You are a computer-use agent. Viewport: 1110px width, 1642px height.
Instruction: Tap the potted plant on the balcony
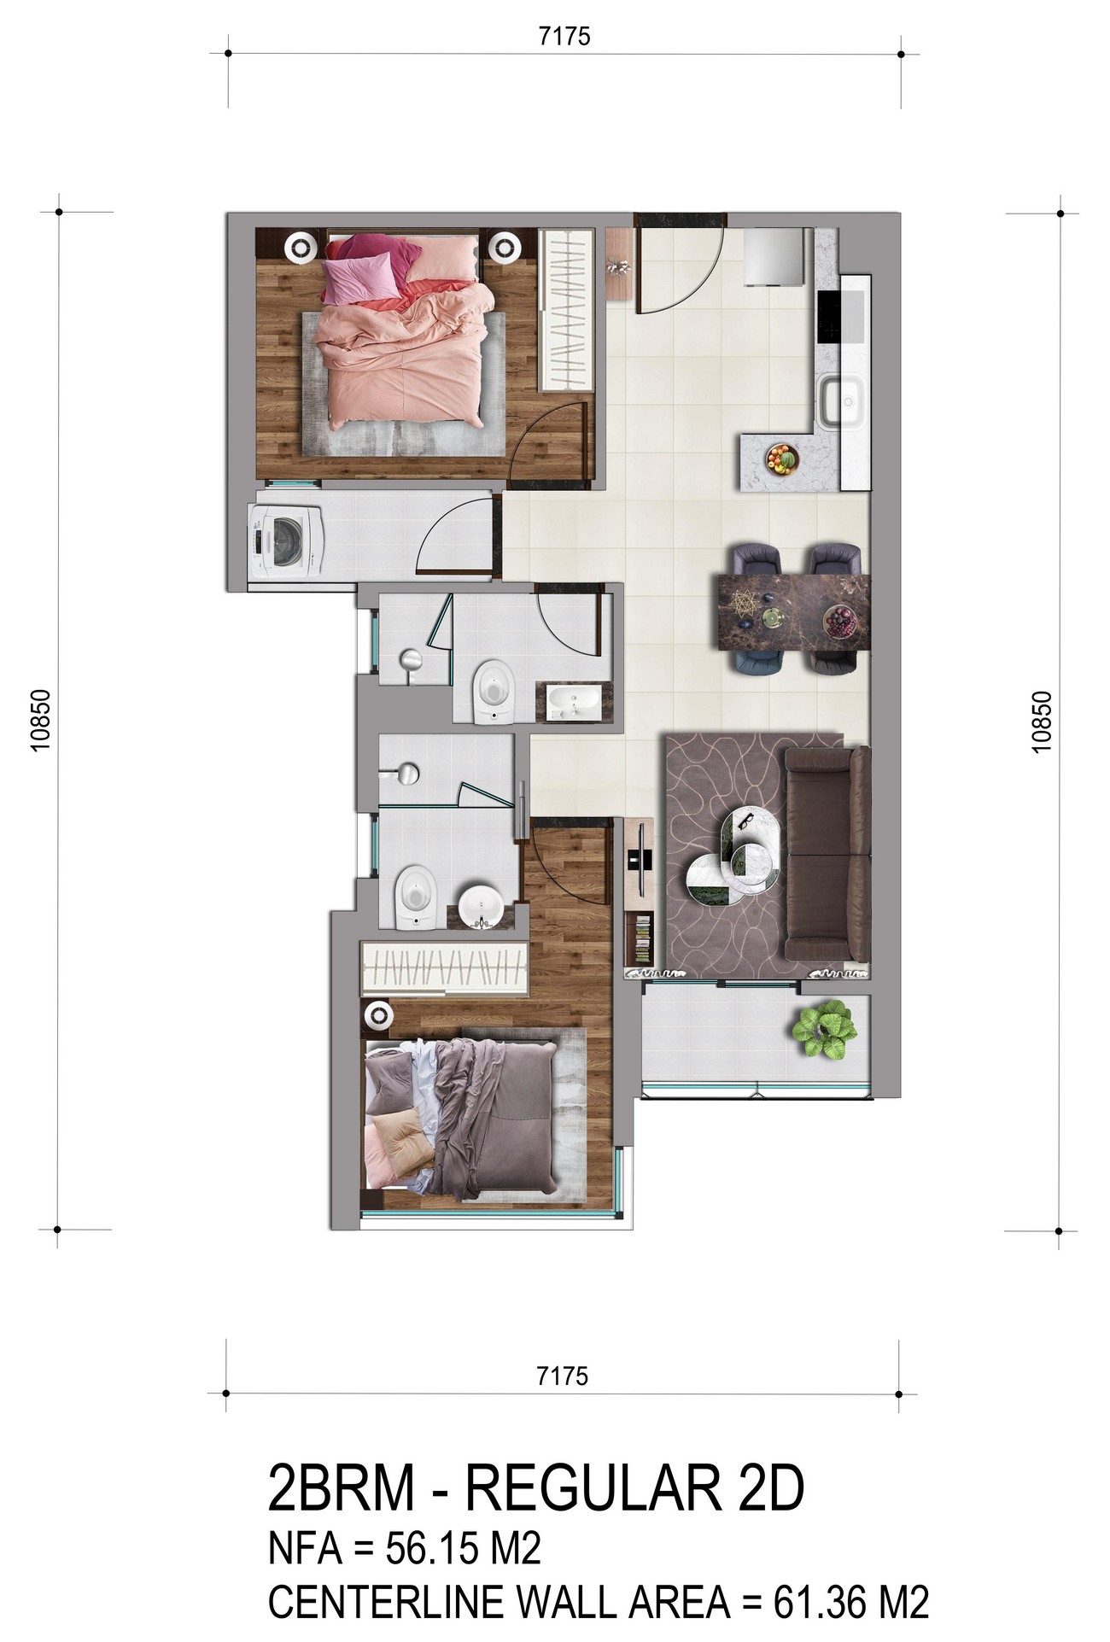coord(821,1031)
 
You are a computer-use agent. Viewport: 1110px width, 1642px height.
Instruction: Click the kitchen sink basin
coord(843,401)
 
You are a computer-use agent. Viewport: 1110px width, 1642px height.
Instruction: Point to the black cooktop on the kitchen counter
coord(841,318)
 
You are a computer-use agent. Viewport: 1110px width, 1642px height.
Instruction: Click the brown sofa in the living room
coord(827,853)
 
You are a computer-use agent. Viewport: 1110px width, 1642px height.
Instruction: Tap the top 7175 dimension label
coord(564,37)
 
